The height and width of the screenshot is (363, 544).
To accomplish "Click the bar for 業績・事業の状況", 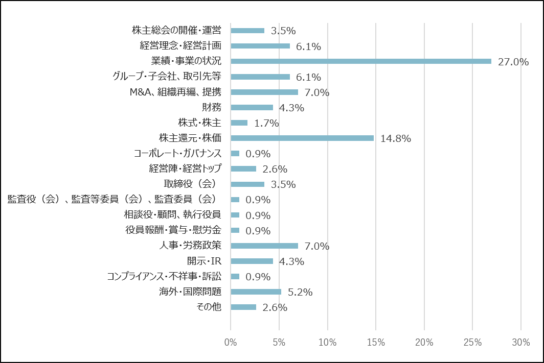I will click(x=361, y=61).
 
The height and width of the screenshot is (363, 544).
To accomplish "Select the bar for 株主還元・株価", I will click(x=302, y=138).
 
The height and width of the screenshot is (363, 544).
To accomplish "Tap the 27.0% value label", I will click(x=513, y=62).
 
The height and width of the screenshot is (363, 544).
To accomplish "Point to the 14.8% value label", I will click(x=396, y=138).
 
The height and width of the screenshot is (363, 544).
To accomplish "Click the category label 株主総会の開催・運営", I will click(x=176, y=30).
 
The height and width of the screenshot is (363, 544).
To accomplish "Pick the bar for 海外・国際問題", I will click(x=256, y=292).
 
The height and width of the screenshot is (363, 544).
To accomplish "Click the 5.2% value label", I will click(x=300, y=292).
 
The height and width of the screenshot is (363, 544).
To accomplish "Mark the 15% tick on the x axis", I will click(x=375, y=343).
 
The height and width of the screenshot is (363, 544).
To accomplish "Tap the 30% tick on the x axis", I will click(x=520, y=343).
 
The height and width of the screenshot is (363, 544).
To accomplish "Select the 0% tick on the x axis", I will click(x=231, y=343).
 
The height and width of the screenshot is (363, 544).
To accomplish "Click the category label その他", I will click(x=209, y=307).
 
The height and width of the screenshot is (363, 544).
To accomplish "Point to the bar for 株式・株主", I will click(x=239, y=123).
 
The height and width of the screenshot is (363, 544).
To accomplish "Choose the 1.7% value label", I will click(x=266, y=123).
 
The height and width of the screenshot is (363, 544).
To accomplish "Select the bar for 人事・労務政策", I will click(x=264, y=246).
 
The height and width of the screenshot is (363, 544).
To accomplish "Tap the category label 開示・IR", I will click(x=203, y=261).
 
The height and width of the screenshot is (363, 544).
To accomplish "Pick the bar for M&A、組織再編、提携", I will click(x=264, y=92).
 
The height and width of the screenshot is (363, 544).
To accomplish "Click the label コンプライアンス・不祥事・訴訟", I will click(x=164, y=276).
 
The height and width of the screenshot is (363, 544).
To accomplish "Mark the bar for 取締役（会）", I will click(x=247, y=184).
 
